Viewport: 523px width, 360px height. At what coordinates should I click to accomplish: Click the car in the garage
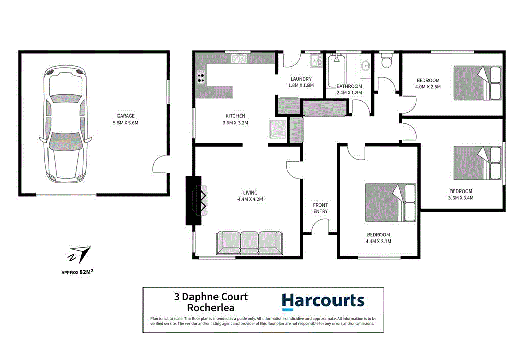65,125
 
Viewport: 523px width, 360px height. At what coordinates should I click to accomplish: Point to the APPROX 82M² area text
77,272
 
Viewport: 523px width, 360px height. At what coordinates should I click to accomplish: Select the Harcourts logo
323,301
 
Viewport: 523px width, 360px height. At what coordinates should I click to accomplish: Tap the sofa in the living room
249,243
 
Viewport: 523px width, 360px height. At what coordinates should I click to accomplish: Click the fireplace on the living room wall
197,200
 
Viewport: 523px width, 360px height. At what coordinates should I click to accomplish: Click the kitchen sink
239,59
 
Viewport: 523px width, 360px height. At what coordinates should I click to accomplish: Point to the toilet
386,60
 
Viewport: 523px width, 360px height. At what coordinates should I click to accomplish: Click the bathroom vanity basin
365,66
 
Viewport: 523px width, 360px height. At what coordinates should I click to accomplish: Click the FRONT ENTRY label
321,208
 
